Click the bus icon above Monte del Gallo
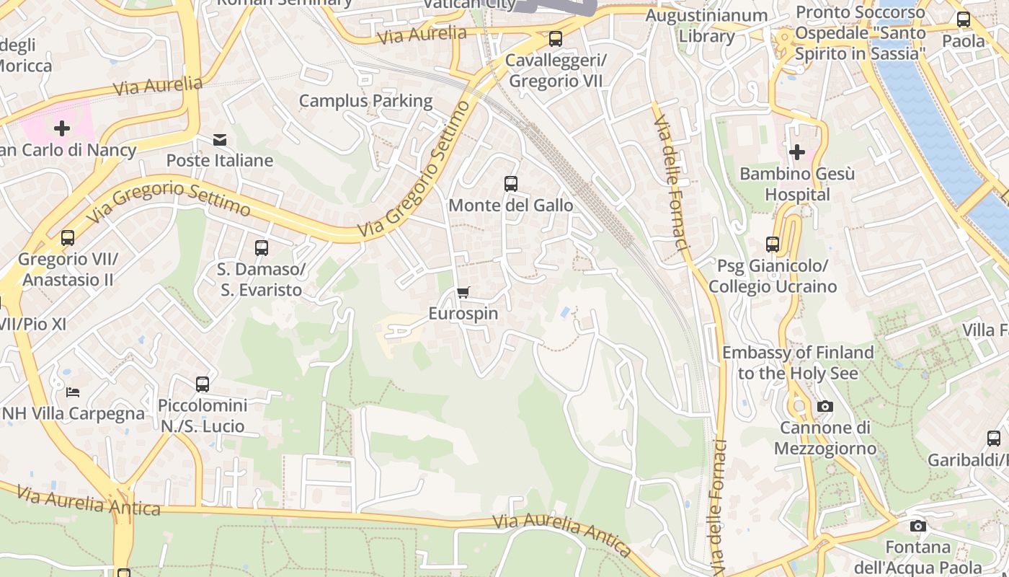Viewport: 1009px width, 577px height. (x=511, y=183)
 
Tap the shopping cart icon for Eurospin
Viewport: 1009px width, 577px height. (x=463, y=292)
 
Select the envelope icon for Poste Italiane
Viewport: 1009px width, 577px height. (x=220, y=139)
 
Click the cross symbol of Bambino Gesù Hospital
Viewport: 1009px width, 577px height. (x=797, y=152)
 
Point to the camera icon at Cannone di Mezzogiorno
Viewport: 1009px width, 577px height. (x=825, y=407)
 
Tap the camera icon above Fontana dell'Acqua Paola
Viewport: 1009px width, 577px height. (x=917, y=526)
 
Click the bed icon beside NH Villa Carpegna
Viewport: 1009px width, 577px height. (x=73, y=392)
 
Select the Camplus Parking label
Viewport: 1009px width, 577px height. (x=365, y=101)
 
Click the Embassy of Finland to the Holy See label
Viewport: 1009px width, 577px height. (x=798, y=363)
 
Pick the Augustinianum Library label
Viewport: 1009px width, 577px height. (x=706, y=25)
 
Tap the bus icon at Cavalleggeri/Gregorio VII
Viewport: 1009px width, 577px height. (x=555, y=39)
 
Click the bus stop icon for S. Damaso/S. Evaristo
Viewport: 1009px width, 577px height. (x=262, y=248)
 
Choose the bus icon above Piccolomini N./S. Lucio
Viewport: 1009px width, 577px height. (x=203, y=384)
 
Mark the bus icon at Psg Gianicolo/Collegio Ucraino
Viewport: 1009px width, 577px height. (x=773, y=245)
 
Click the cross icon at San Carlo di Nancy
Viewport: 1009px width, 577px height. (x=62, y=128)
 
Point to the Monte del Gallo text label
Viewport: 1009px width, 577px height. (x=511, y=206)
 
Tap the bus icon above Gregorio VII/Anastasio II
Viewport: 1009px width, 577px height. (x=68, y=237)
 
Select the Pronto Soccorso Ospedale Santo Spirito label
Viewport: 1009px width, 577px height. (x=860, y=33)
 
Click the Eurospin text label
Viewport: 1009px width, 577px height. (x=463, y=314)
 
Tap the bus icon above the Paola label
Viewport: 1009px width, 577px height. (x=964, y=19)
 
